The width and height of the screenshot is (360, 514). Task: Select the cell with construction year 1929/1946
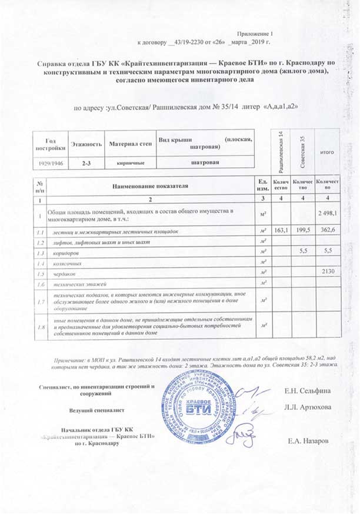pos(50,161)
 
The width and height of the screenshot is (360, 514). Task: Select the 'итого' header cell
pos(326,152)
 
